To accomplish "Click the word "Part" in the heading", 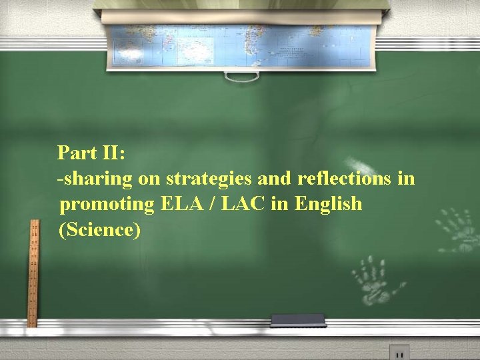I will point(75,153).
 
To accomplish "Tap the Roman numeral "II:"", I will point(111,153).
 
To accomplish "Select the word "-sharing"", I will point(95,179).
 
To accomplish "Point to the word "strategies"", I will point(209,179).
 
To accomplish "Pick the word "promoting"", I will point(107,204).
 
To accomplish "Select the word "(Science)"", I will point(100,229).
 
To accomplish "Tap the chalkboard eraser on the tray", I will point(297,321).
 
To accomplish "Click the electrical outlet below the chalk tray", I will point(399,353).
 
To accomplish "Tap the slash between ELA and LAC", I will point(211,203).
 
